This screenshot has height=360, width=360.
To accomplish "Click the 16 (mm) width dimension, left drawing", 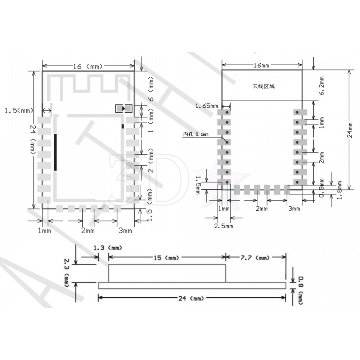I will point(88,66).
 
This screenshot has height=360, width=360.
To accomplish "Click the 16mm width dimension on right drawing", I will point(261,65).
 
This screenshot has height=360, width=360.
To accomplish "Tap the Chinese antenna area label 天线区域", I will point(264,86).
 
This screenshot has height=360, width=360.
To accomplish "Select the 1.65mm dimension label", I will point(207,106).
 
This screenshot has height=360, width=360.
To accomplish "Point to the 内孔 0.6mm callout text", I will point(195,134).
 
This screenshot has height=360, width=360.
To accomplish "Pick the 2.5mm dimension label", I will point(224,226).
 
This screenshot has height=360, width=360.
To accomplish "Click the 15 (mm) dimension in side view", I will point(167,257).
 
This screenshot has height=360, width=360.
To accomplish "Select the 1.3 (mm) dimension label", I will point(108,248).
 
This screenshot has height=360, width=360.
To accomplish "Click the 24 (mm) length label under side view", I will point(191,298).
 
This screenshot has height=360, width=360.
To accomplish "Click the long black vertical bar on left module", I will point(55,152).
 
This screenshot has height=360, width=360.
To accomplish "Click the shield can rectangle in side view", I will point(167,273).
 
